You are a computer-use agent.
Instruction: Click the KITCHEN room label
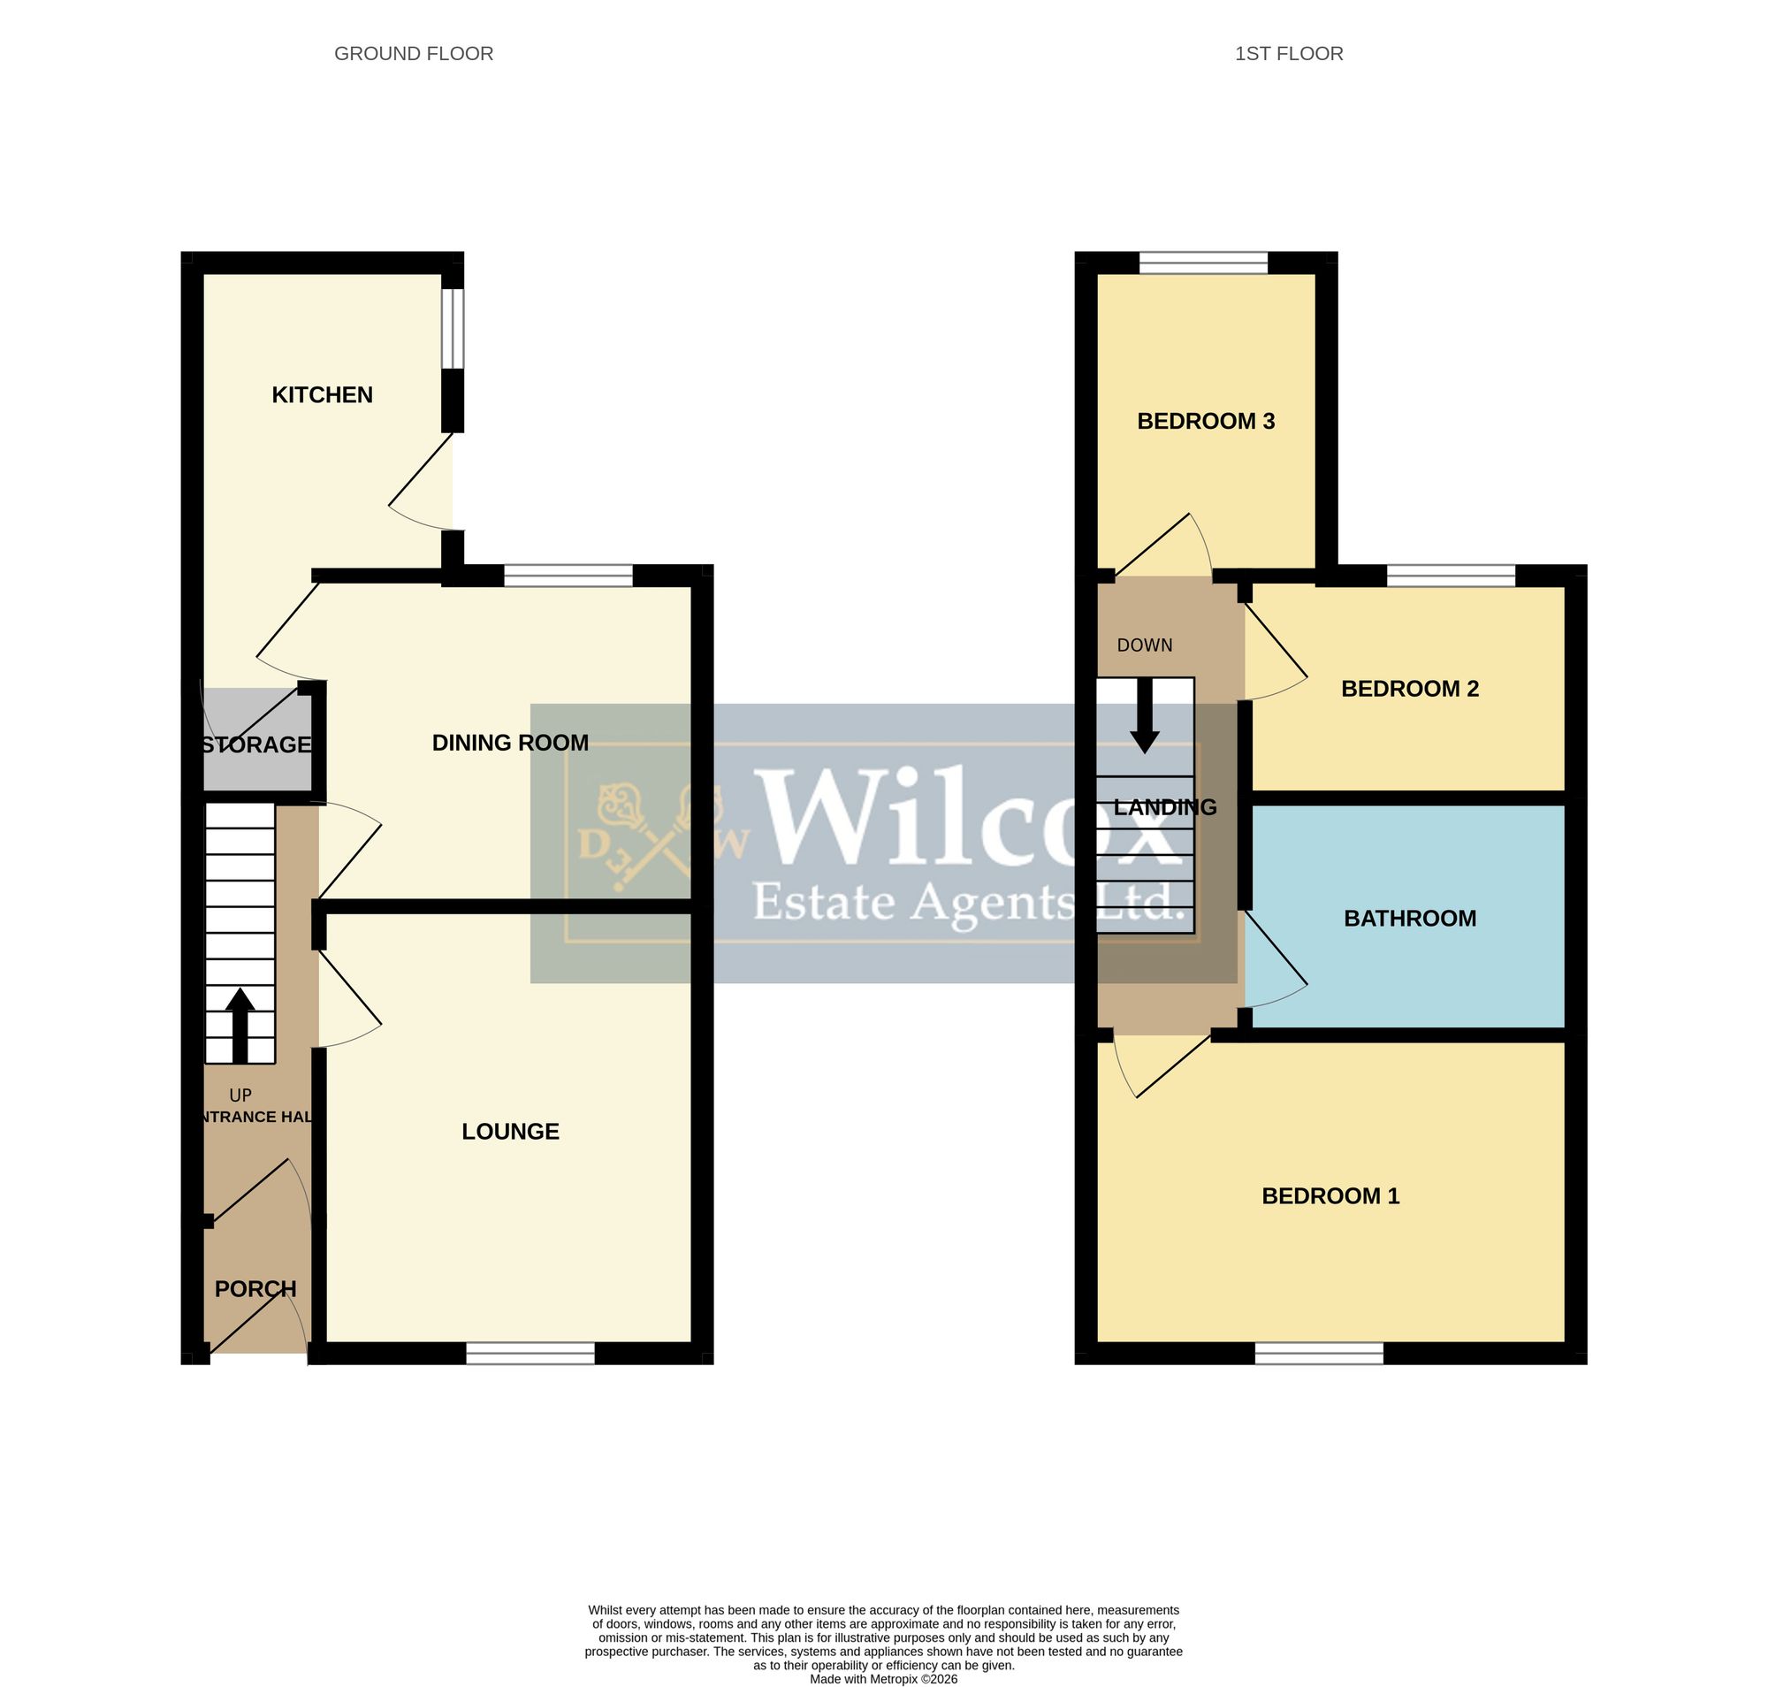click(x=322, y=394)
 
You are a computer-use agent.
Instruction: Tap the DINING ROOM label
click(x=510, y=743)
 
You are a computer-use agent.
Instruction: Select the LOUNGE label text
click(x=510, y=1131)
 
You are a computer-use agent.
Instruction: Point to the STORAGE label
click(x=256, y=744)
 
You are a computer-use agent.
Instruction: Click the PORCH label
click(x=255, y=1288)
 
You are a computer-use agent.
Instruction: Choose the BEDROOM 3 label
click(x=1206, y=421)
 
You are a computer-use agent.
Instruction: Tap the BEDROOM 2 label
click(x=1410, y=689)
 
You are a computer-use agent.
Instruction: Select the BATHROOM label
click(x=1410, y=918)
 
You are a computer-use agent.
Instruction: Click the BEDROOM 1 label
click(x=1331, y=1196)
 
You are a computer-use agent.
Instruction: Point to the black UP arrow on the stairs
click(x=240, y=1026)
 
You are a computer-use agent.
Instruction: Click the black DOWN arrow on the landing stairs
click(x=1145, y=716)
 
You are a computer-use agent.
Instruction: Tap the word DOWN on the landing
click(x=1145, y=645)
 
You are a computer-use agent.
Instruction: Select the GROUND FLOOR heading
click(x=414, y=54)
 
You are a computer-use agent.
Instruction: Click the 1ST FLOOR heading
click(x=1289, y=54)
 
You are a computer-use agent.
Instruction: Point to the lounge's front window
click(x=530, y=1353)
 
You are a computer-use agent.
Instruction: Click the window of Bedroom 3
click(x=1203, y=263)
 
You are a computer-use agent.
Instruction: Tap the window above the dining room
click(x=568, y=576)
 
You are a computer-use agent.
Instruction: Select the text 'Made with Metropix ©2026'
click(x=883, y=1679)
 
